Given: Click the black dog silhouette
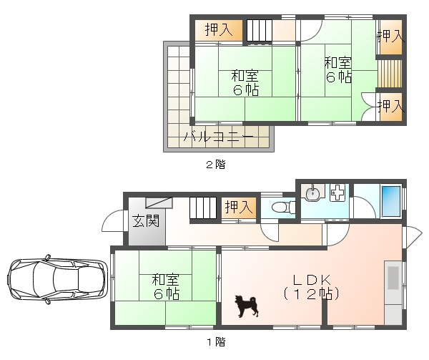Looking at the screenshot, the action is click(x=246, y=306).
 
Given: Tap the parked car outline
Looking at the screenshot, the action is click(x=56, y=279).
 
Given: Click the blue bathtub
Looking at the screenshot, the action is click(x=391, y=201).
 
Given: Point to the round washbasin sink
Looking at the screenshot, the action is click(x=312, y=193).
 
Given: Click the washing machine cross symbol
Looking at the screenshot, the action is click(x=337, y=193).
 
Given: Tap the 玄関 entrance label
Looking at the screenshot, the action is click(x=146, y=220).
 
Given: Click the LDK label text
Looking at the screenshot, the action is click(x=312, y=280).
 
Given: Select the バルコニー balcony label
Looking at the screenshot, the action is click(x=218, y=136).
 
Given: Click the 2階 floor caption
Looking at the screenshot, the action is click(x=216, y=165).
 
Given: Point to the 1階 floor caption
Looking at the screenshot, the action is click(x=216, y=342).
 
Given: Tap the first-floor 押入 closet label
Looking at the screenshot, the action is click(x=239, y=207).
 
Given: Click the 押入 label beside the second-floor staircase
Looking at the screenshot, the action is click(x=219, y=29).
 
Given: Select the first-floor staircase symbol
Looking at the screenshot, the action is click(x=204, y=208).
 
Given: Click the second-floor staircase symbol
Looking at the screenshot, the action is click(x=259, y=31).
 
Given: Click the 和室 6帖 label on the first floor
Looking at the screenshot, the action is click(x=166, y=286).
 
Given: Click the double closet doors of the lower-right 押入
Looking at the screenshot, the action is click(x=370, y=107).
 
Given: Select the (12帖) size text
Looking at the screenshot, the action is click(x=312, y=294).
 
